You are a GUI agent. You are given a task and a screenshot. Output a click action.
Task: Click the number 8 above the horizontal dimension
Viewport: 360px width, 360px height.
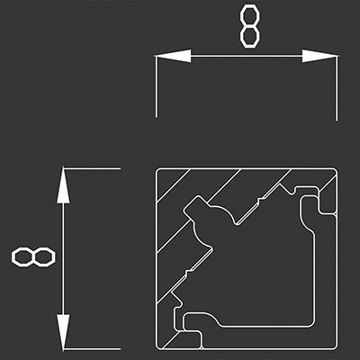[x=249, y=28]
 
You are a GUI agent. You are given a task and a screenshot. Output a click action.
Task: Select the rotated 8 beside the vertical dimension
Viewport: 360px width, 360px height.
[x=33, y=257]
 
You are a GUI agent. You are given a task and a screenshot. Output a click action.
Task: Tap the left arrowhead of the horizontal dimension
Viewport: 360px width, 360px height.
[x=173, y=56]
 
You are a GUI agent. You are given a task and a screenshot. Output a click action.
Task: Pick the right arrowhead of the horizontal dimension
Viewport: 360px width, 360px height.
[x=320, y=56]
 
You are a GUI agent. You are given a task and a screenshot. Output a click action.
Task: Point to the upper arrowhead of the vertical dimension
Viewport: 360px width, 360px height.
[x=63, y=186]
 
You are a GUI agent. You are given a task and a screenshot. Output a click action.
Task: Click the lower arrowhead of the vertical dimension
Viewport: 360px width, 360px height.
[x=63, y=332]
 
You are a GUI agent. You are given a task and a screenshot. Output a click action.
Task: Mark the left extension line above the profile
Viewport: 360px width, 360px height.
[x=156, y=86]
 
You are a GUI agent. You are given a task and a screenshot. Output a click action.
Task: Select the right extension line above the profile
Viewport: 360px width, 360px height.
[x=337, y=88]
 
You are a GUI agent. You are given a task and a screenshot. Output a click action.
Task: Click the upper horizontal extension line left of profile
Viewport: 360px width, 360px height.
[x=92, y=168]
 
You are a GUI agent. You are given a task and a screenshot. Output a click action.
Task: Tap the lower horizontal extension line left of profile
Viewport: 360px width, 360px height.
[x=92, y=349]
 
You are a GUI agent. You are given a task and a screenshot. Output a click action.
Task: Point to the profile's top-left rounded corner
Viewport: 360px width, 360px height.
[x=157, y=170]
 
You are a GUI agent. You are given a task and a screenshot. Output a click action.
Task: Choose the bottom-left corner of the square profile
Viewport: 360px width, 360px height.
[x=157, y=348]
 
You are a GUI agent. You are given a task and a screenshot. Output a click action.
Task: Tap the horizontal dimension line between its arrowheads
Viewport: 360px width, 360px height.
[x=247, y=56]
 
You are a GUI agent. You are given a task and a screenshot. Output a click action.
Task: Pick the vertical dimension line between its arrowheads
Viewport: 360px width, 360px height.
[x=63, y=259]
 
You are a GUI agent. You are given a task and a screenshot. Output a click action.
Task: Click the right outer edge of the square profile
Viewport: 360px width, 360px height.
[x=337, y=259]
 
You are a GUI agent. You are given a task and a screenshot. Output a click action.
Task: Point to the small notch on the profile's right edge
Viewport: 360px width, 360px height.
[x=335, y=213]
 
